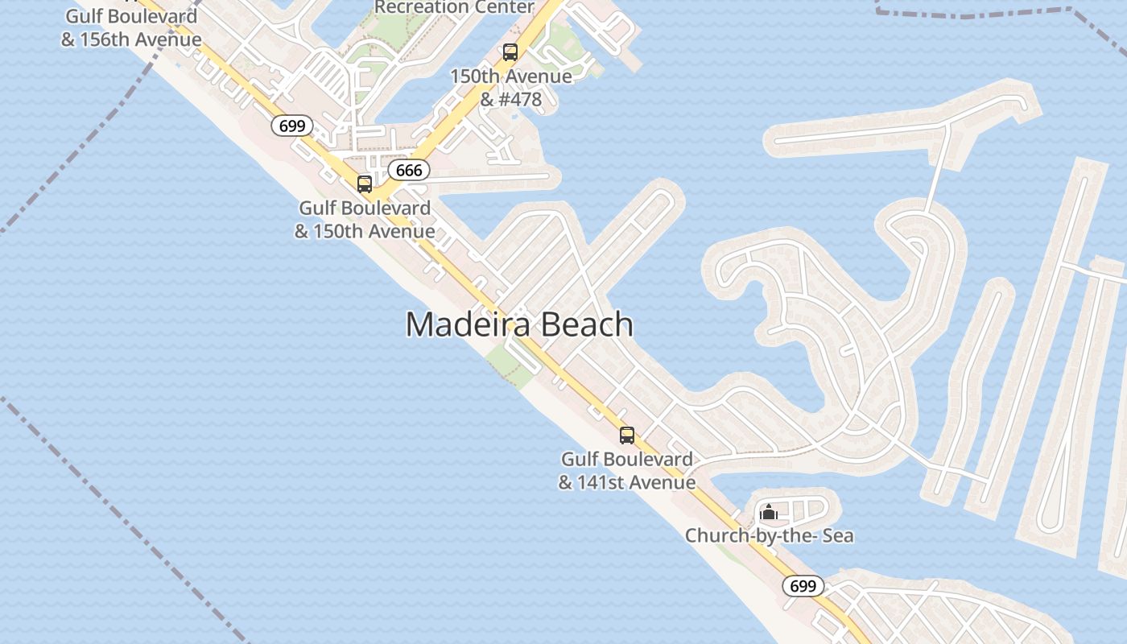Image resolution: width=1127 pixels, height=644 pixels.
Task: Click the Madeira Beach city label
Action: [519, 324]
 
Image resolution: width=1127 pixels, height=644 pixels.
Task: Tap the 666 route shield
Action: [409, 170]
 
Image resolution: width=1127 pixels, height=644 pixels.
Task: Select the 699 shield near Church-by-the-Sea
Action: [803, 586]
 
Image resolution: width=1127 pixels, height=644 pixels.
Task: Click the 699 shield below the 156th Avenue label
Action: [291, 126]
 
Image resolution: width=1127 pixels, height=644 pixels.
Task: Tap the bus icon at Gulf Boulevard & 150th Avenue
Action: [365, 184]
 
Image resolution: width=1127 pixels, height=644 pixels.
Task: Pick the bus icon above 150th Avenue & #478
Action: [510, 53]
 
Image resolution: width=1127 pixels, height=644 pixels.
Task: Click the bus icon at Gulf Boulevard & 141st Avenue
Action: [626, 436]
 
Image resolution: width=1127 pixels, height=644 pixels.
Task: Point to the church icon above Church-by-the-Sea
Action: [768, 512]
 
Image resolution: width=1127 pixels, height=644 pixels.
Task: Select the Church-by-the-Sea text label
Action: [769, 535]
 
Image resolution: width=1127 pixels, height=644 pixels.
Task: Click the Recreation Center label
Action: [454, 7]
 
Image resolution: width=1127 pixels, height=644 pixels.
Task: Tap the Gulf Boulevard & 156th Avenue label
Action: [131, 27]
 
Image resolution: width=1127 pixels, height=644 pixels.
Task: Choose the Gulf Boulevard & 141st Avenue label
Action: [626, 471]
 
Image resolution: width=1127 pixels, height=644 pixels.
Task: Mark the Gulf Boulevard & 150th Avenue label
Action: [365, 220]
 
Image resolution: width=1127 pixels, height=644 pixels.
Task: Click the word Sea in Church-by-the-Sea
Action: [837, 535]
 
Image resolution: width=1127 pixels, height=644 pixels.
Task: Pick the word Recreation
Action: [416, 7]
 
